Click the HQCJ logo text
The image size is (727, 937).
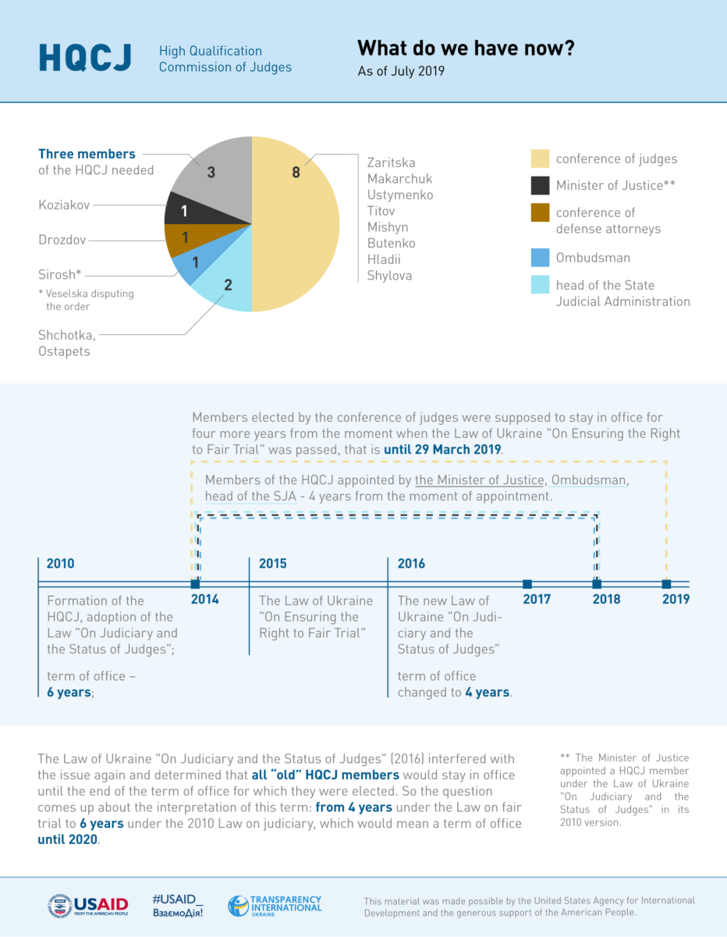click(x=85, y=58)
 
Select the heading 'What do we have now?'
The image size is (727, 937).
click(x=466, y=48)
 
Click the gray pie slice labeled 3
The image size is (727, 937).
click(x=212, y=173)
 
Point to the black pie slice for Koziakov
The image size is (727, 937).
click(x=183, y=210)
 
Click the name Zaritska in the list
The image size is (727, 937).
click(x=391, y=162)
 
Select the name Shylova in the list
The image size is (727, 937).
click(x=389, y=275)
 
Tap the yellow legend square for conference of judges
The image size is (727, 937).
click(x=541, y=159)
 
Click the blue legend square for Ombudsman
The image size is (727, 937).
click(x=541, y=257)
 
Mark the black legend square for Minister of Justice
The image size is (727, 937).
click(x=541, y=185)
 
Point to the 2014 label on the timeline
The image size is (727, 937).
click(x=205, y=600)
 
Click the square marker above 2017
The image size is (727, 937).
click(x=527, y=584)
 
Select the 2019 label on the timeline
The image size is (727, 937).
click(x=676, y=600)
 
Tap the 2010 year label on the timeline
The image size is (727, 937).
click(x=61, y=563)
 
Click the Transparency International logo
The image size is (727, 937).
click(x=275, y=906)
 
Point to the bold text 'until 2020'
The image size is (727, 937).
click(x=68, y=840)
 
